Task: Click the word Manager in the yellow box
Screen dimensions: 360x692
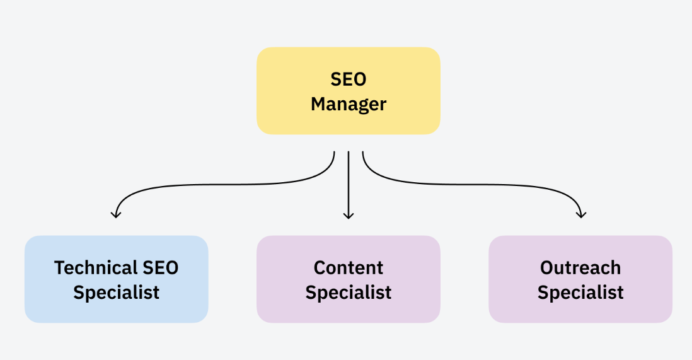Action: click(x=349, y=104)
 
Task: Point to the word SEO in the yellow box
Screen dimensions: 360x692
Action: click(x=349, y=79)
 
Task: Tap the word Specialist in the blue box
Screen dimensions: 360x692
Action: click(x=117, y=293)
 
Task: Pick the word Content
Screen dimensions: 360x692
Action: click(x=349, y=268)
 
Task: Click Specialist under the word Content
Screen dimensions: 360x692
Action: click(x=349, y=293)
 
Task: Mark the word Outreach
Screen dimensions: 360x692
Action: click(x=580, y=268)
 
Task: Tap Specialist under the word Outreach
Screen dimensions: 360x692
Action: click(x=580, y=293)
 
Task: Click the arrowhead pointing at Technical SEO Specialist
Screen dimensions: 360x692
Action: click(x=115, y=215)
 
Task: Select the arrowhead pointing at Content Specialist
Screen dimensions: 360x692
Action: click(x=349, y=216)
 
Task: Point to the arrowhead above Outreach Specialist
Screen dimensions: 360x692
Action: click(x=581, y=215)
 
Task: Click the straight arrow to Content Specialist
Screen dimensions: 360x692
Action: click(x=349, y=183)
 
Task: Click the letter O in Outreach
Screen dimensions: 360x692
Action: click(x=548, y=268)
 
